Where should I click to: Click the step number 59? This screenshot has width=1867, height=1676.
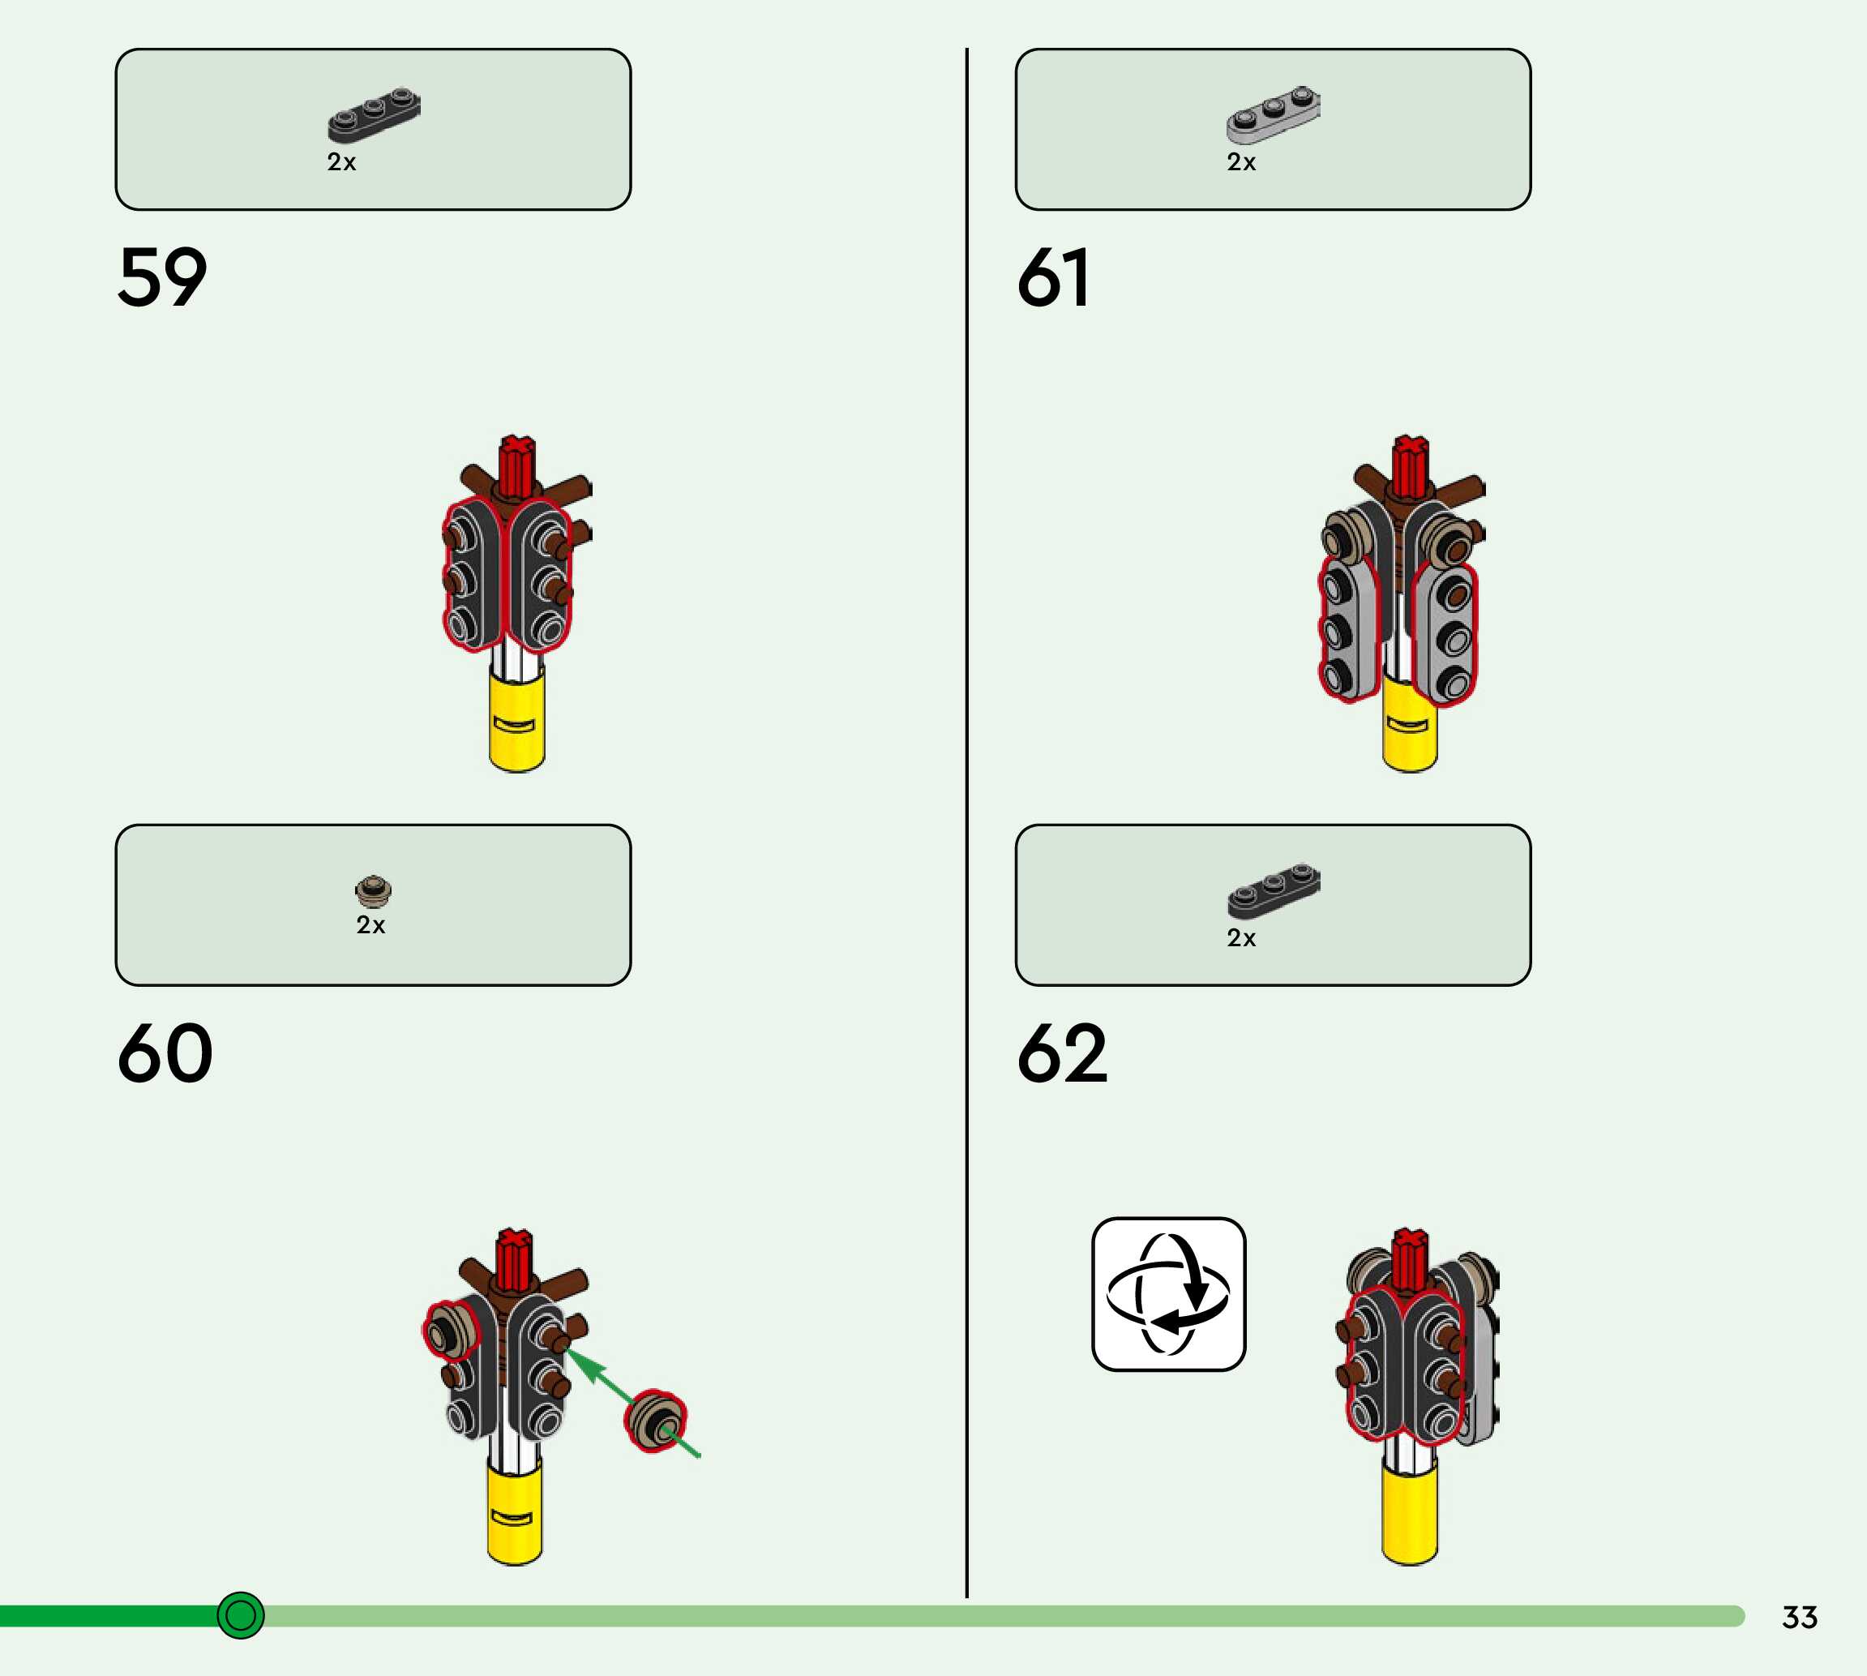click(x=162, y=277)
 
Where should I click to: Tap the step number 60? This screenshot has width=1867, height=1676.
click(x=165, y=1053)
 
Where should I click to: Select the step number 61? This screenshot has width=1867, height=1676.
click(x=1053, y=277)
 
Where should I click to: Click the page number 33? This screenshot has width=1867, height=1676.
click(x=1800, y=1617)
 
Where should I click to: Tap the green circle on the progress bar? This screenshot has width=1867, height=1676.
click(x=240, y=1615)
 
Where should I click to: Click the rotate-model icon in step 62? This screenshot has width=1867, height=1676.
click(x=1168, y=1294)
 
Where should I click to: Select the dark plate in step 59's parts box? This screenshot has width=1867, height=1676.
click(x=374, y=115)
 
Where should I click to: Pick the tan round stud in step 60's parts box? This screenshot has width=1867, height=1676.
click(x=373, y=890)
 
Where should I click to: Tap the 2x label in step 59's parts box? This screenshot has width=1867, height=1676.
click(x=341, y=162)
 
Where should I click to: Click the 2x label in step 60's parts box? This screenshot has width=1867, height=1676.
click(x=371, y=924)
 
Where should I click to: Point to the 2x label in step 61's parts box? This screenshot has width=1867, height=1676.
click(x=1241, y=162)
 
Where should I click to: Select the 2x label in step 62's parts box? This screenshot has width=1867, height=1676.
click(x=1241, y=937)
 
